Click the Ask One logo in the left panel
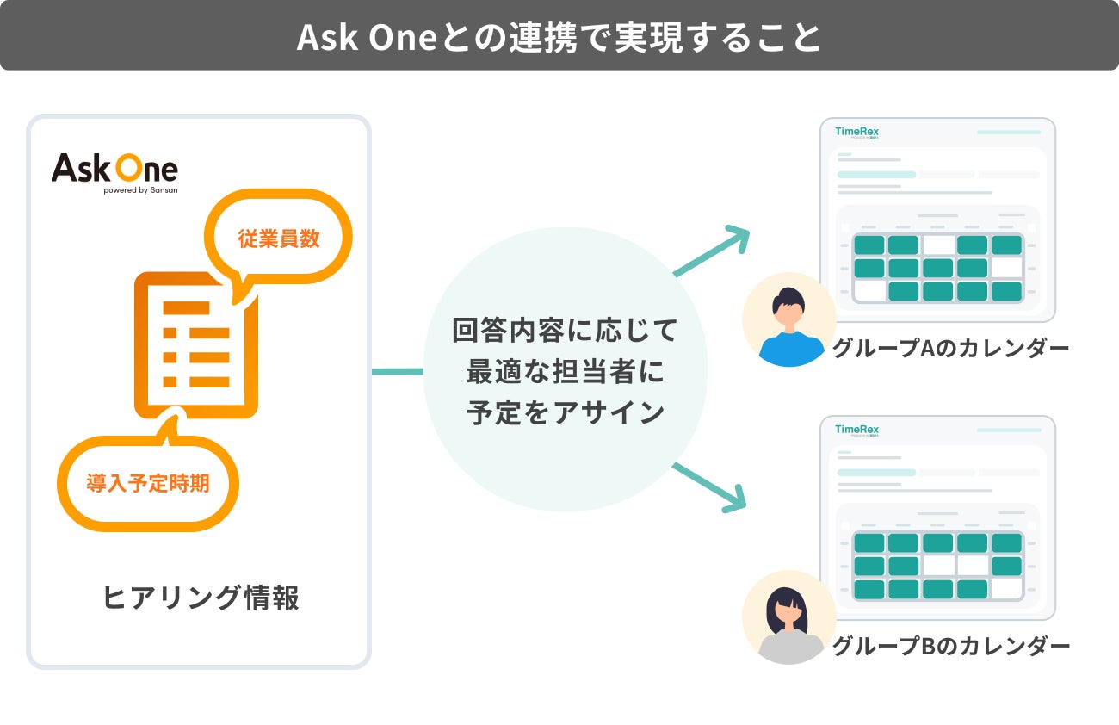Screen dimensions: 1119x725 [x=114, y=168]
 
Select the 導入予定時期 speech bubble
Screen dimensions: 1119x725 [x=147, y=483]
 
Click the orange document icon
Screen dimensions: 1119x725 [x=195, y=344]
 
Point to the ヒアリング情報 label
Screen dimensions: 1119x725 [x=201, y=598]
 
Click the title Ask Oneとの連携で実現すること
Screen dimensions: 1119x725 [x=559, y=37]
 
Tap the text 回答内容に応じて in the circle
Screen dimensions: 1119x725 [x=565, y=330]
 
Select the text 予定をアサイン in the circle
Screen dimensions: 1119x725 [x=565, y=412]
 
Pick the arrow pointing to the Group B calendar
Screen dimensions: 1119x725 [x=711, y=487]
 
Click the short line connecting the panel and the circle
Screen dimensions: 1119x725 [x=397, y=372]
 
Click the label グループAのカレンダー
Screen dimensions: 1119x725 [x=950, y=349]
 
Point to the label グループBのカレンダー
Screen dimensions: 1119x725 [x=950, y=646]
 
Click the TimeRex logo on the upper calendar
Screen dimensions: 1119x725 [x=856, y=132]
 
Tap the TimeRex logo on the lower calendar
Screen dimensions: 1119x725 [x=856, y=430]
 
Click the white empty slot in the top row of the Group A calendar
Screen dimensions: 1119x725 [x=938, y=245]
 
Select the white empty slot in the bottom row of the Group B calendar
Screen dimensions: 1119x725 [x=1006, y=590]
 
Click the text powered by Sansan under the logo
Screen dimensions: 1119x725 [x=140, y=190]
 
